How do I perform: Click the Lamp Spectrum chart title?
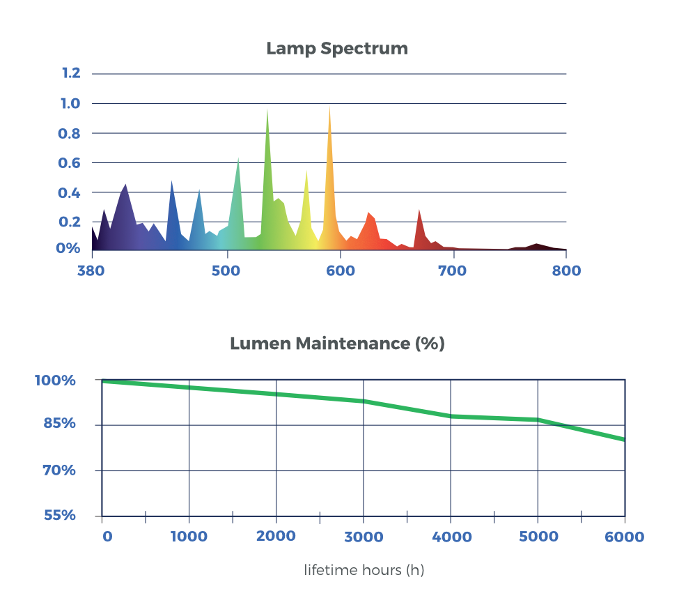point(336,49)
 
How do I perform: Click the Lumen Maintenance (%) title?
point(337,344)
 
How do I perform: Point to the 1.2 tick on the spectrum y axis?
point(72,73)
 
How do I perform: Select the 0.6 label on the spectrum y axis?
point(72,163)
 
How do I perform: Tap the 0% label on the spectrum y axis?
point(70,249)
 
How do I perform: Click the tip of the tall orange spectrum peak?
point(329,106)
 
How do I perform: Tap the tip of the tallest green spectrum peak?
point(267,109)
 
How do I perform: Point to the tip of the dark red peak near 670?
point(419,208)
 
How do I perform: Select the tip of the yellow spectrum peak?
point(306,169)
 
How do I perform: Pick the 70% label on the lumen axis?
point(58,470)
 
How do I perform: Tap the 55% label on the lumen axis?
point(59,516)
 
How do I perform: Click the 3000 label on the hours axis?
point(364,537)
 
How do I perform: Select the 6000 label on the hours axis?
point(624,537)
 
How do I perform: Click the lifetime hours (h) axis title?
point(364,570)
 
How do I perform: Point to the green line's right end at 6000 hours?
point(623,439)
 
